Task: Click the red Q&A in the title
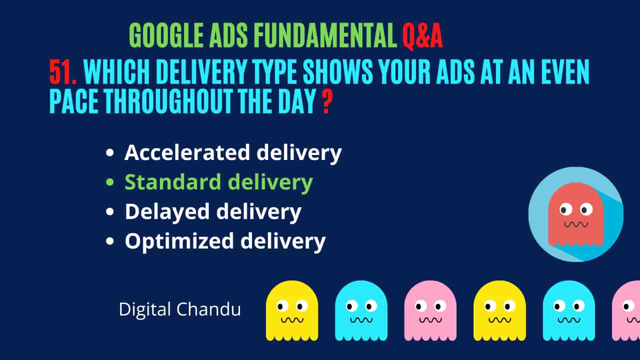pos(422,36)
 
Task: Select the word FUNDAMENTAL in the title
pos(325,35)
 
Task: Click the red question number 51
pos(63,71)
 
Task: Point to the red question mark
pos(327,101)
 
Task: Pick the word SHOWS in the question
pos(338,71)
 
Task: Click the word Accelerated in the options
pos(187,152)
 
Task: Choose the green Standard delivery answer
pos(219,183)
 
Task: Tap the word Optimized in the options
pos(179,241)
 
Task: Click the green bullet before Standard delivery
pos(110,182)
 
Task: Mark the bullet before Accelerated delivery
pos(110,153)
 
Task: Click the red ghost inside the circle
pos(575,215)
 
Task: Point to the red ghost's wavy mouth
pos(576,224)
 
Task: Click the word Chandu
pos(208,309)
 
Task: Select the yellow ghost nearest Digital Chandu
pos(292,311)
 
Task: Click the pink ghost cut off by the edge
pos(627,311)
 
